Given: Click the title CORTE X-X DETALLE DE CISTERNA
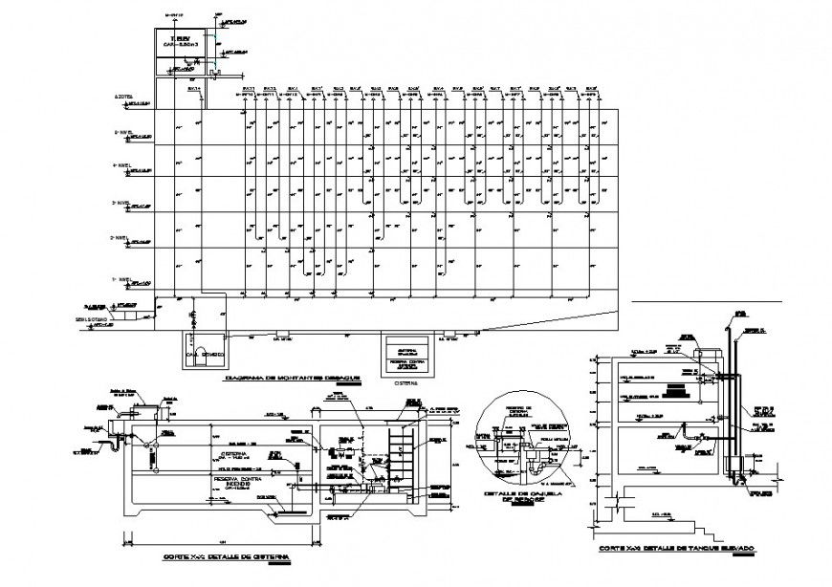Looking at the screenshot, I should click(226, 555).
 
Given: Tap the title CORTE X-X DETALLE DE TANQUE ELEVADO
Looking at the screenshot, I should click(676, 549).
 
